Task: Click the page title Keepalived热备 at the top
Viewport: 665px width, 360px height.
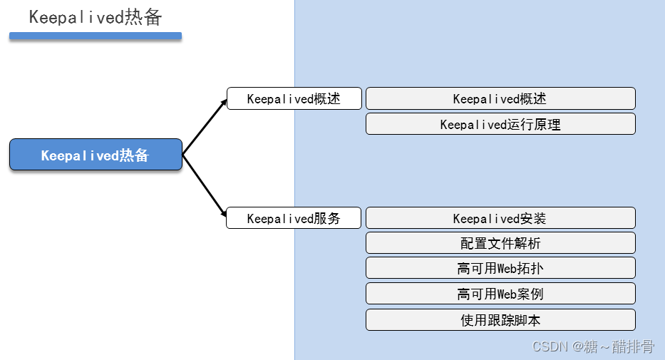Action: coord(96,17)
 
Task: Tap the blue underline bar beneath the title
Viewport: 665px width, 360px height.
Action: coord(96,36)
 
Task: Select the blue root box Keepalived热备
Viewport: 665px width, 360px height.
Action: coord(96,155)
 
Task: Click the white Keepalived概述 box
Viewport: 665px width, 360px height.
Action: coord(294,98)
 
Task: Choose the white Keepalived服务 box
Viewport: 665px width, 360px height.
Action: coord(294,218)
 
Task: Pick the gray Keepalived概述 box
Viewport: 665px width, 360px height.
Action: coord(500,98)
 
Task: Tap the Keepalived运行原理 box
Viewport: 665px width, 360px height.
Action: coord(500,124)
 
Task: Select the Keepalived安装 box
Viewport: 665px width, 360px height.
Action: coord(500,218)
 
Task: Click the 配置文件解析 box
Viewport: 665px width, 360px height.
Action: coord(500,243)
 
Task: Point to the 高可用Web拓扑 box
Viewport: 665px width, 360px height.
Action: coord(500,268)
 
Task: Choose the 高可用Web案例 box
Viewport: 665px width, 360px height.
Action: coord(500,294)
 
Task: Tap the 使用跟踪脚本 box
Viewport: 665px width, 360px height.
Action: coord(500,319)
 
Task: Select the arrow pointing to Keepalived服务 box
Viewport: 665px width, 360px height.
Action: coord(205,185)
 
